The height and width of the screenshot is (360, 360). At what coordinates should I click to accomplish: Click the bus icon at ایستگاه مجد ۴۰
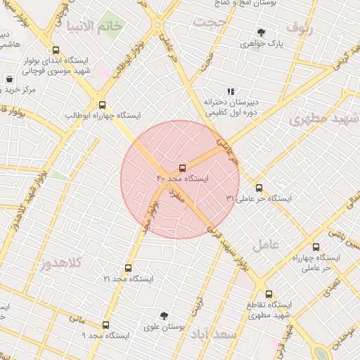click(183, 168)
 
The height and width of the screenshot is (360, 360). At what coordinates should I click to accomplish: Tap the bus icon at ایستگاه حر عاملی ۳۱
click(259, 188)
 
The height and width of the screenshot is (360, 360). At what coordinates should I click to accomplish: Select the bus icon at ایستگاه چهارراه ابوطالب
click(103, 103)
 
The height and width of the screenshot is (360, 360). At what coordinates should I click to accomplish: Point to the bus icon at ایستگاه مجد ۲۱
click(128, 268)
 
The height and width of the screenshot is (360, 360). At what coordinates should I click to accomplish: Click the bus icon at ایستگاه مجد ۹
click(106, 325)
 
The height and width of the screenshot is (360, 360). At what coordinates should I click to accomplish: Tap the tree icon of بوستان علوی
click(164, 316)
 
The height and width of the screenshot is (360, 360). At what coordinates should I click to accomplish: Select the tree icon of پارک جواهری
click(262, 32)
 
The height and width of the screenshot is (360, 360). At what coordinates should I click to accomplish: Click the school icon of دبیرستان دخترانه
click(229, 91)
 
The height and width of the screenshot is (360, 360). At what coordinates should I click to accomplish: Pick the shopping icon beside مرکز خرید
click(9, 79)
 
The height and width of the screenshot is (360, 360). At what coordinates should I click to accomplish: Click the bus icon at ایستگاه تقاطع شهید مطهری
click(269, 294)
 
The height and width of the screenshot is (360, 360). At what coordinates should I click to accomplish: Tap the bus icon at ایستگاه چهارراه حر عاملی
click(316, 247)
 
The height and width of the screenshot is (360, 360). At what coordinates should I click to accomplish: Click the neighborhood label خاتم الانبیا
click(103, 26)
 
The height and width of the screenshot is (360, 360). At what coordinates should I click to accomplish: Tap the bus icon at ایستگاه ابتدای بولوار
click(56, 50)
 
